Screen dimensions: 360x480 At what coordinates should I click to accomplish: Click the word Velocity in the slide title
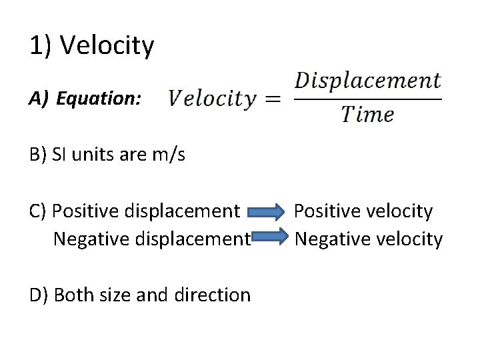[107, 46]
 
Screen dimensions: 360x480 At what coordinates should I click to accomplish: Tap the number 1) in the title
[42, 46]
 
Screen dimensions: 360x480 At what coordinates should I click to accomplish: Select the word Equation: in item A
[99, 99]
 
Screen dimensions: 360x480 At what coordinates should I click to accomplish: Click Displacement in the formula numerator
[367, 81]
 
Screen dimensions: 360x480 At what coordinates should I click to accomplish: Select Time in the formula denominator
[367, 115]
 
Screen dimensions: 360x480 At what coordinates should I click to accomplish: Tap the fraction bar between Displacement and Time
[367, 99]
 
